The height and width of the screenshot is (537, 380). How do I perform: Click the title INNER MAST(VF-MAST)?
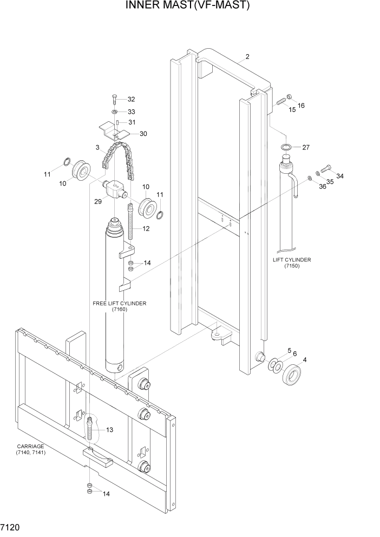[x=188, y=6]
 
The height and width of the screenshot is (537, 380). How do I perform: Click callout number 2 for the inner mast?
[x=247, y=57]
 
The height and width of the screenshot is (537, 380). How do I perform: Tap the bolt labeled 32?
[x=115, y=99]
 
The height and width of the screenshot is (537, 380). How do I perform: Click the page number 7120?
[x=11, y=527]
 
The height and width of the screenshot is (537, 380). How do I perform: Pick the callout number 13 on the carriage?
[x=109, y=430]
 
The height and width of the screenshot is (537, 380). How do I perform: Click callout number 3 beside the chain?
[x=97, y=147]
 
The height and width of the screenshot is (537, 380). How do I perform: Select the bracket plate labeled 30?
[x=116, y=130]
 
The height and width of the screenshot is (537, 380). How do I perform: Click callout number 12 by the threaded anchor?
[x=146, y=229]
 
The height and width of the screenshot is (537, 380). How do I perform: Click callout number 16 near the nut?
[x=301, y=106]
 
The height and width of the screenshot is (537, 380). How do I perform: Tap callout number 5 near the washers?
[x=289, y=351]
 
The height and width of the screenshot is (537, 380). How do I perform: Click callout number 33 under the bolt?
[x=131, y=112]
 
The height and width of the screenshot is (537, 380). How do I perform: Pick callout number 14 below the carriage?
[x=106, y=494]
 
